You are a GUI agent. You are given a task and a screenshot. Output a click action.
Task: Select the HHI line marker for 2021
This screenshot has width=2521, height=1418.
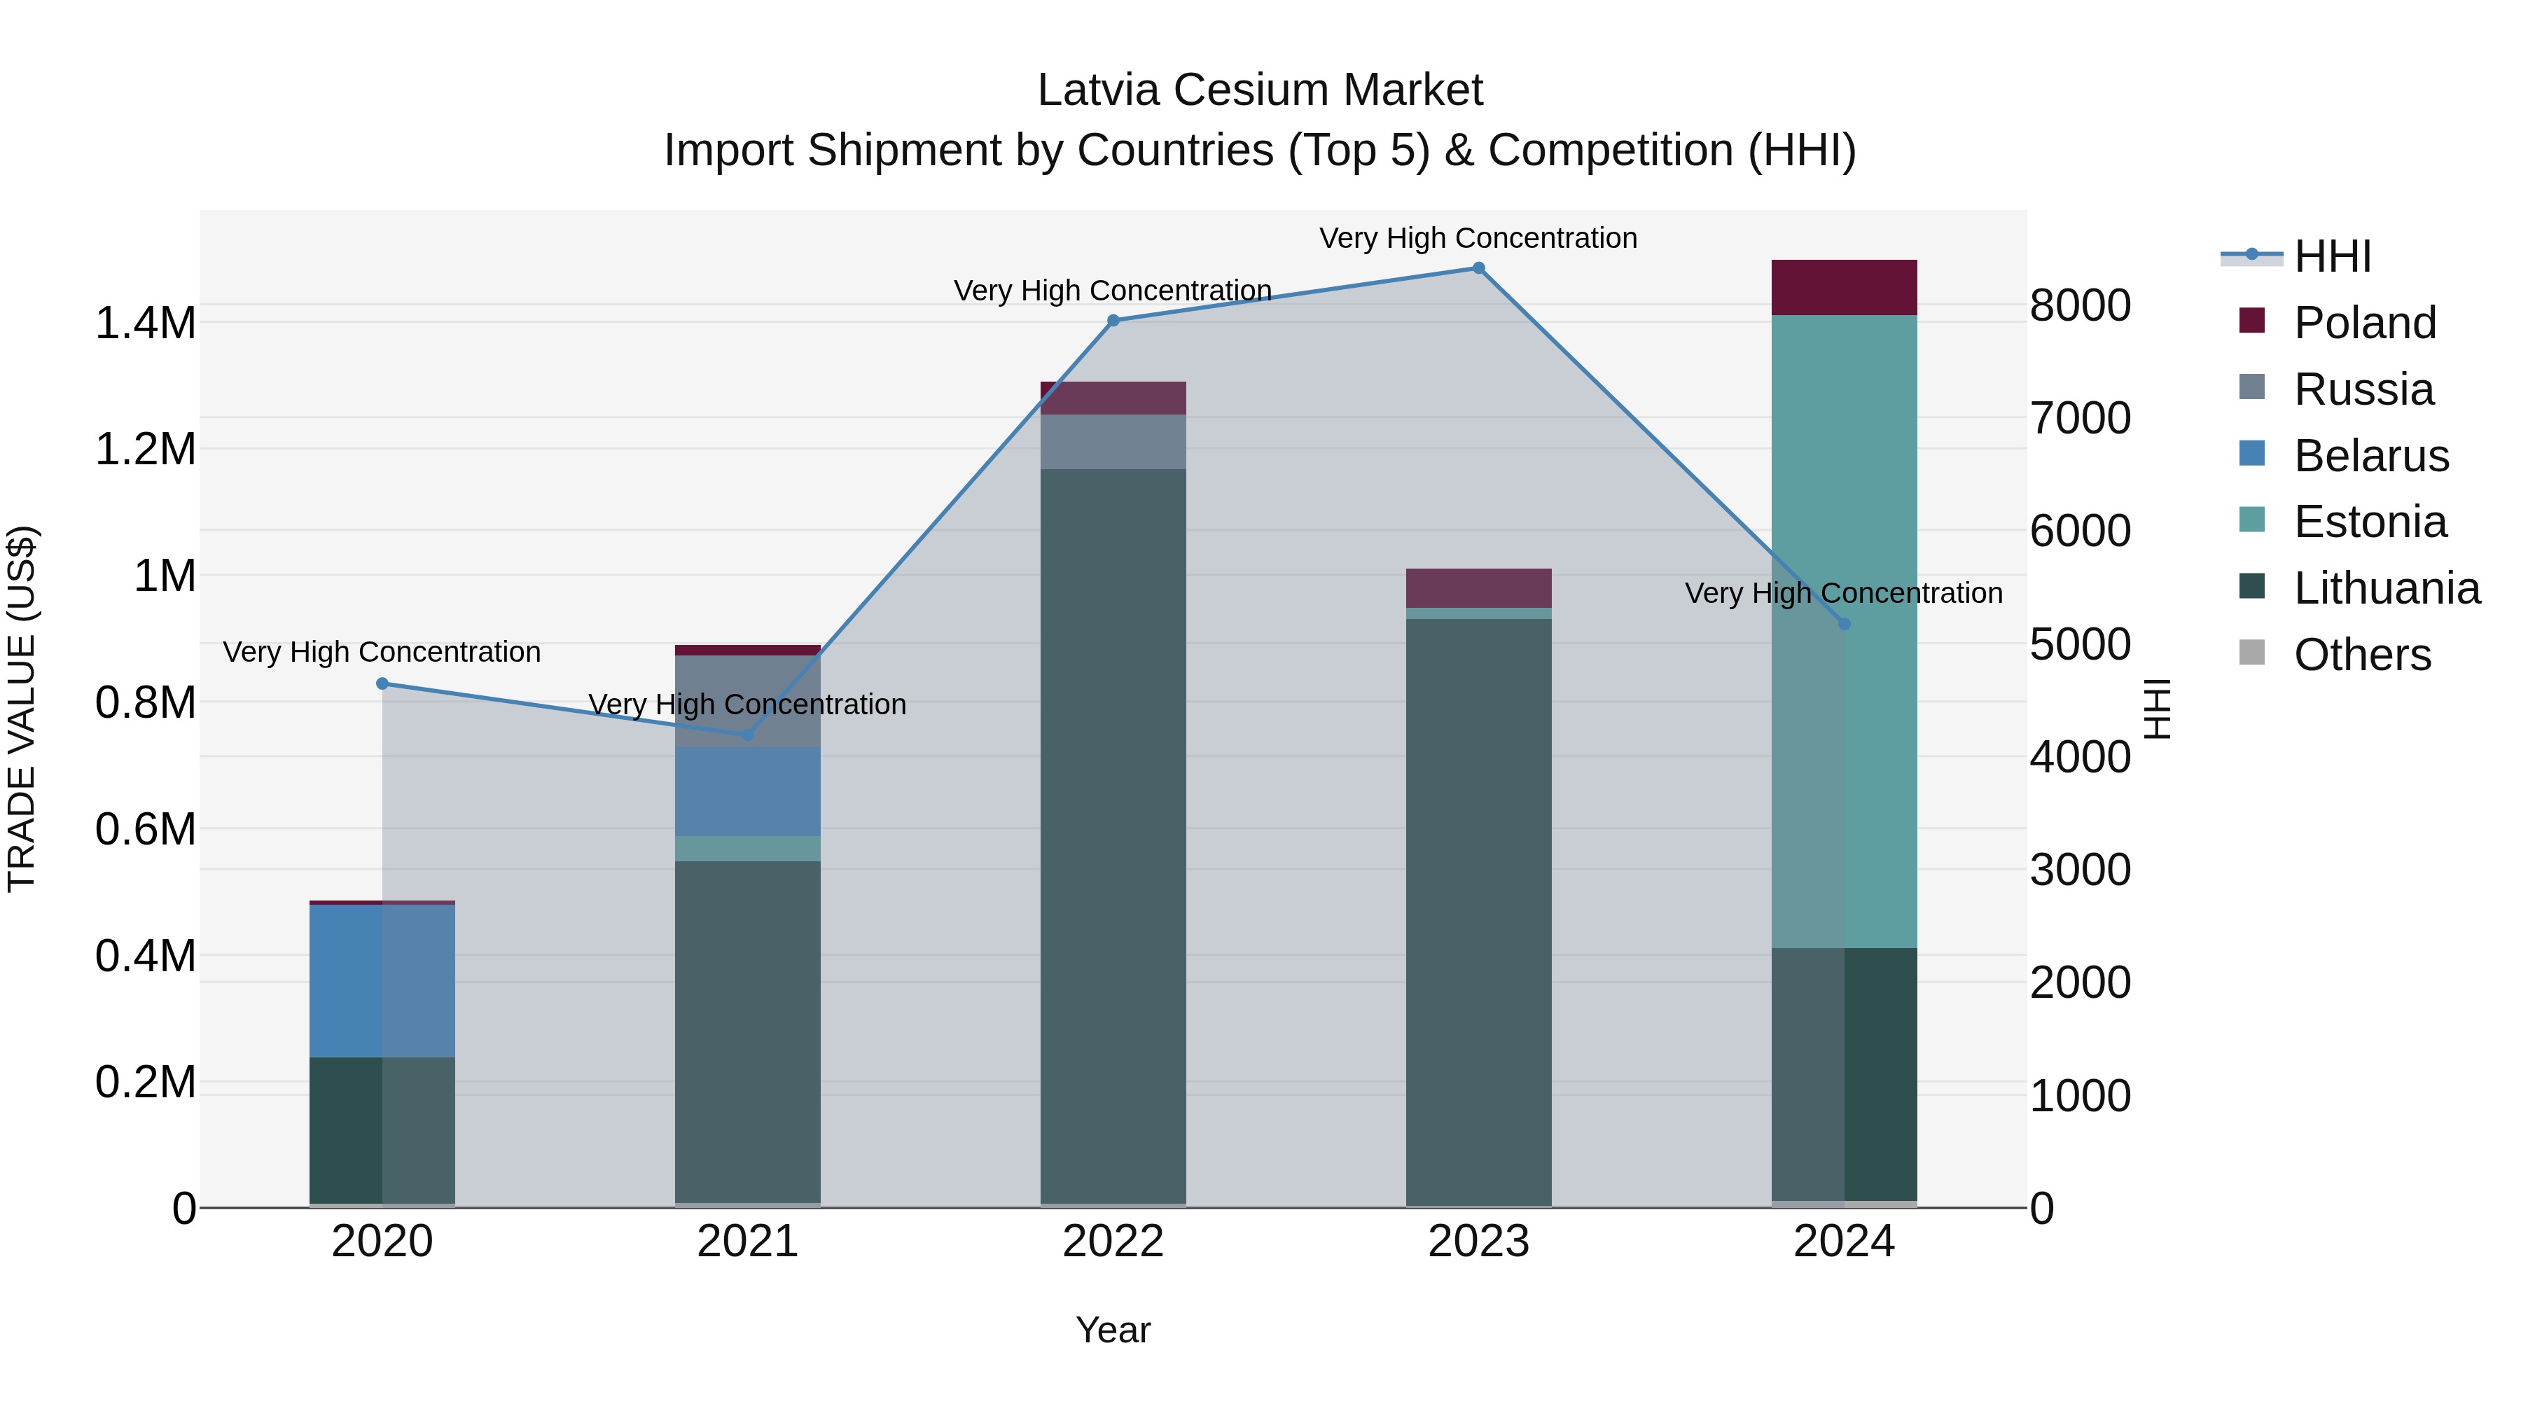[748, 734]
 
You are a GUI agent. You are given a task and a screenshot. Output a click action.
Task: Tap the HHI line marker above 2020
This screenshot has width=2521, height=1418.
[382, 683]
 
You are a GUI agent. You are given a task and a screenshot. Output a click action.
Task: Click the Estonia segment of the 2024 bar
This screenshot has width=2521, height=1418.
[1844, 631]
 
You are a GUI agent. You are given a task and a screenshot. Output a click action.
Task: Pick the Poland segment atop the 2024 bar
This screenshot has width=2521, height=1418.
[1844, 288]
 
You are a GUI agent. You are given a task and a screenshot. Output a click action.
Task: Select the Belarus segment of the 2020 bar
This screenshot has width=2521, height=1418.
[382, 980]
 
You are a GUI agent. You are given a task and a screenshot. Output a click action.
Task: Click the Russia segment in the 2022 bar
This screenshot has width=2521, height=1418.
[1113, 441]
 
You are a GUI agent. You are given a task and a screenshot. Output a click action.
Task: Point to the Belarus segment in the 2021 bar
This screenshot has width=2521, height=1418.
[748, 792]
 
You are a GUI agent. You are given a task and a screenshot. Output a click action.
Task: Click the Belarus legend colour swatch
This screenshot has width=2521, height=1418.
[2252, 453]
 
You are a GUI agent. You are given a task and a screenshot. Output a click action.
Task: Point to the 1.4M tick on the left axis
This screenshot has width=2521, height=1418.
[146, 323]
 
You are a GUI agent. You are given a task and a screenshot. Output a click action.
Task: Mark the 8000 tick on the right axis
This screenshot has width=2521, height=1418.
[2080, 305]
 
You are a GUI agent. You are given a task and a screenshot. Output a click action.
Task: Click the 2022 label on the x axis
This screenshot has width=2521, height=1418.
[1113, 1242]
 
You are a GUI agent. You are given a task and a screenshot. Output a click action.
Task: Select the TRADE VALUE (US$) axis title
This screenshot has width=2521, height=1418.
[22, 709]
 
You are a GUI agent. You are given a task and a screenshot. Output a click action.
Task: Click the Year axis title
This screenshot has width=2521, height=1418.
[1113, 1330]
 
